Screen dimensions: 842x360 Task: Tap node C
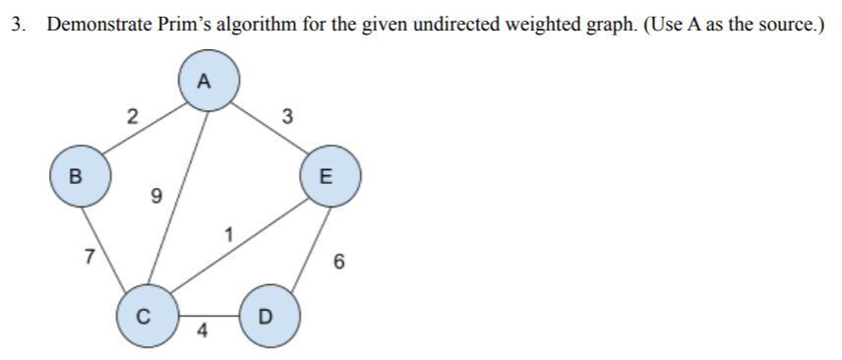(145, 317)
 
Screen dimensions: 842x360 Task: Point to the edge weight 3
(286, 117)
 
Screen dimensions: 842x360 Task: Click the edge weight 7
(90, 258)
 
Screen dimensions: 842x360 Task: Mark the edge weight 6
(338, 262)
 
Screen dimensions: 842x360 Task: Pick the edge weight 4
(202, 330)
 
